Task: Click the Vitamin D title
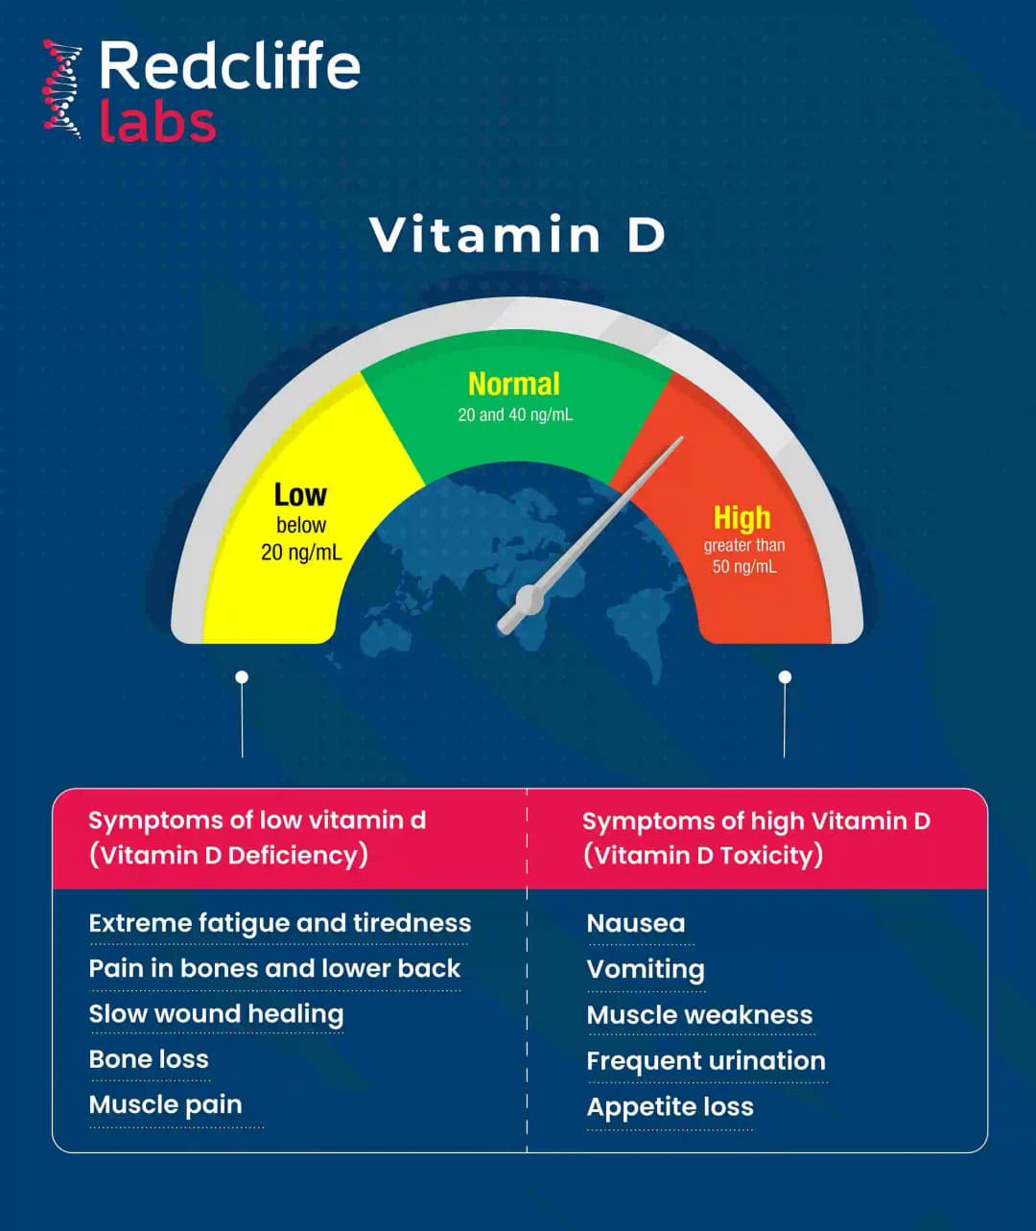tap(517, 235)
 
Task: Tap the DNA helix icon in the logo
tap(62, 88)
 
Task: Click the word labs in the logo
tap(157, 123)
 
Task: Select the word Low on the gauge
tap(300, 495)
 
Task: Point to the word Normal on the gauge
tap(514, 385)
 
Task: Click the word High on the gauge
tap(742, 518)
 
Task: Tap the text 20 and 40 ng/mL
tap(515, 415)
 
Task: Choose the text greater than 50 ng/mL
tap(744, 556)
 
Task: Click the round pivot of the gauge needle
tap(529, 600)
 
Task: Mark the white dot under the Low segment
tap(242, 677)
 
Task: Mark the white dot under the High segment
tap(785, 677)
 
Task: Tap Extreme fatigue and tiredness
tap(280, 923)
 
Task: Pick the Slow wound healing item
tap(216, 1014)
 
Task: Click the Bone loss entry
tap(149, 1059)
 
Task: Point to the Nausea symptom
tap(636, 923)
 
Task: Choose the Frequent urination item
tap(706, 1061)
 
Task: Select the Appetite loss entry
tap(671, 1106)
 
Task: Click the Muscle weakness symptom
tap(699, 1015)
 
